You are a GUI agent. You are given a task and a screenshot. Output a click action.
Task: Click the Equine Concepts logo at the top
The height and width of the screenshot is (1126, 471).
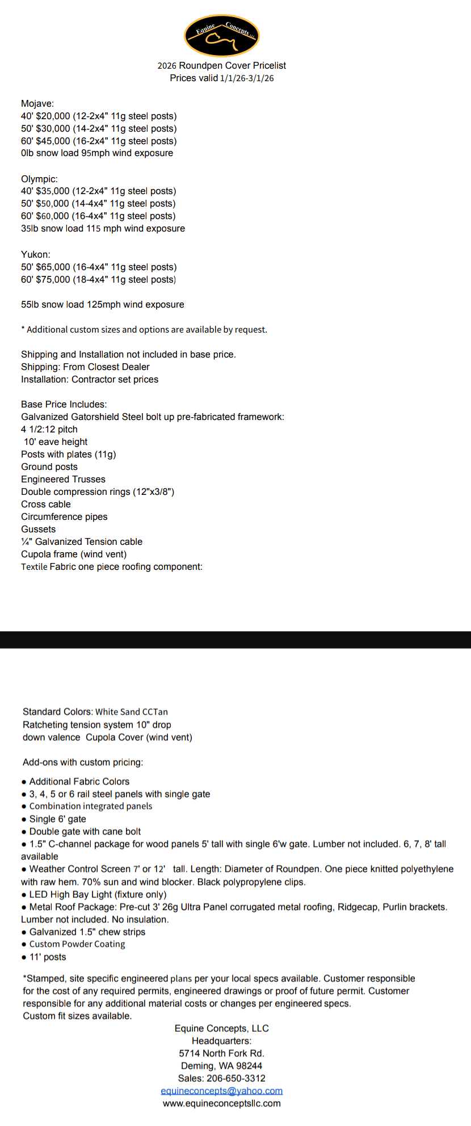pos(222,36)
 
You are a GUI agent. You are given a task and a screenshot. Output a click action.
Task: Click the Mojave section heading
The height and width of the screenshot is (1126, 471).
pos(37,103)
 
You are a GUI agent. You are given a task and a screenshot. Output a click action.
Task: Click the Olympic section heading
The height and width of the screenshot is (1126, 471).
pos(39,179)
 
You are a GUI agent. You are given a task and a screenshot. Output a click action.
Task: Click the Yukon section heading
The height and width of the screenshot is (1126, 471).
pos(36,254)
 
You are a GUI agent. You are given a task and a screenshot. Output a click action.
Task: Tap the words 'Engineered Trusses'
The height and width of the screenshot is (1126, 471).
pos(63,479)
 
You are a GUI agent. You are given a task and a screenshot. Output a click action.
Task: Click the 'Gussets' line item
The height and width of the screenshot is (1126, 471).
pos(39,529)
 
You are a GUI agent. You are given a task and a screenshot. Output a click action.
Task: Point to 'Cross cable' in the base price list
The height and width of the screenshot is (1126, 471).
pos(46,504)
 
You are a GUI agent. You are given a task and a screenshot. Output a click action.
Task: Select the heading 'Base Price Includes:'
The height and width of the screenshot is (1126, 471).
pos(64,404)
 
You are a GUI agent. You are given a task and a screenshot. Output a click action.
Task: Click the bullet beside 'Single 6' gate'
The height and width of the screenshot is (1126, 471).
pos(24,820)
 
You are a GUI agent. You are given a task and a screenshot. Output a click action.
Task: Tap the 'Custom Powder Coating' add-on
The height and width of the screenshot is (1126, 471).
pos(77,944)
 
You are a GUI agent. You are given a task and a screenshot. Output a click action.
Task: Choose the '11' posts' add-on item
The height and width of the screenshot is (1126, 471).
pos(48,957)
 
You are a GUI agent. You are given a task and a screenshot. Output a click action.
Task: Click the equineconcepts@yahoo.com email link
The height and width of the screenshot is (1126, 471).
pos(221,1091)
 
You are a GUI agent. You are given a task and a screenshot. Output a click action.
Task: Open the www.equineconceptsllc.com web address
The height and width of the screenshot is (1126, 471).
pos(221,1103)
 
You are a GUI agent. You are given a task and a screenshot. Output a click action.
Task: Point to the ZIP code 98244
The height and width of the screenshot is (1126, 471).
pos(247,1066)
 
